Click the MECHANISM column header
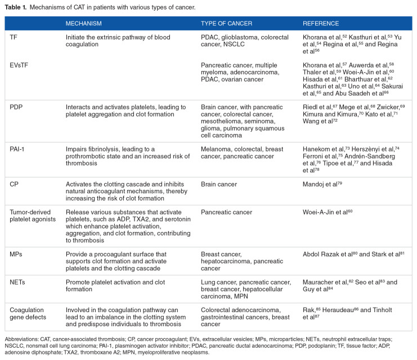pos(83,24)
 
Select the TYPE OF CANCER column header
pos(226,24)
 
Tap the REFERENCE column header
pos(321,24)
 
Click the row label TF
pos(14,37)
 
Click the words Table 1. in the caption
pos(16,7)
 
